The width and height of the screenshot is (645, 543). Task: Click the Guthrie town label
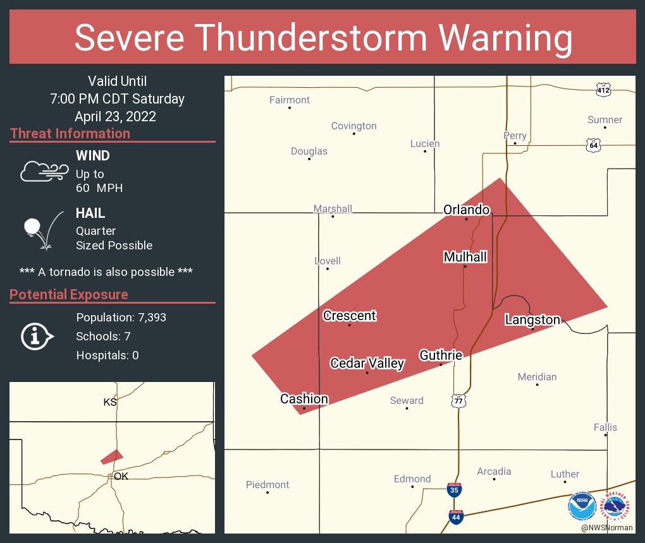coord(441,355)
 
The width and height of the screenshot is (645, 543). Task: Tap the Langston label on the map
coord(532,320)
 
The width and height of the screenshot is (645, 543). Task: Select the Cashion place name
coord(304,399)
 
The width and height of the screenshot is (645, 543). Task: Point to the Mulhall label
coord(465,257)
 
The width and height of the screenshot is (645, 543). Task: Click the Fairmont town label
coord(290,100)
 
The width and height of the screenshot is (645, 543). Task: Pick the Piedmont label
coord(267,485)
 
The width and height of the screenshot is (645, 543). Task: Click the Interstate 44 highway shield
coord(455,516)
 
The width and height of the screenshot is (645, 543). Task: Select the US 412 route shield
coord(603,90)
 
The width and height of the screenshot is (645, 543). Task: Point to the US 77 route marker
coord(458,400)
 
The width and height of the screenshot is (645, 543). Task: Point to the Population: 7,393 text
coord(121,318)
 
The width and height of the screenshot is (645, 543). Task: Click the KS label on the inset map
coord(110,402)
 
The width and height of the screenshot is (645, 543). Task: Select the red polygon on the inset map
coord(112,456)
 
